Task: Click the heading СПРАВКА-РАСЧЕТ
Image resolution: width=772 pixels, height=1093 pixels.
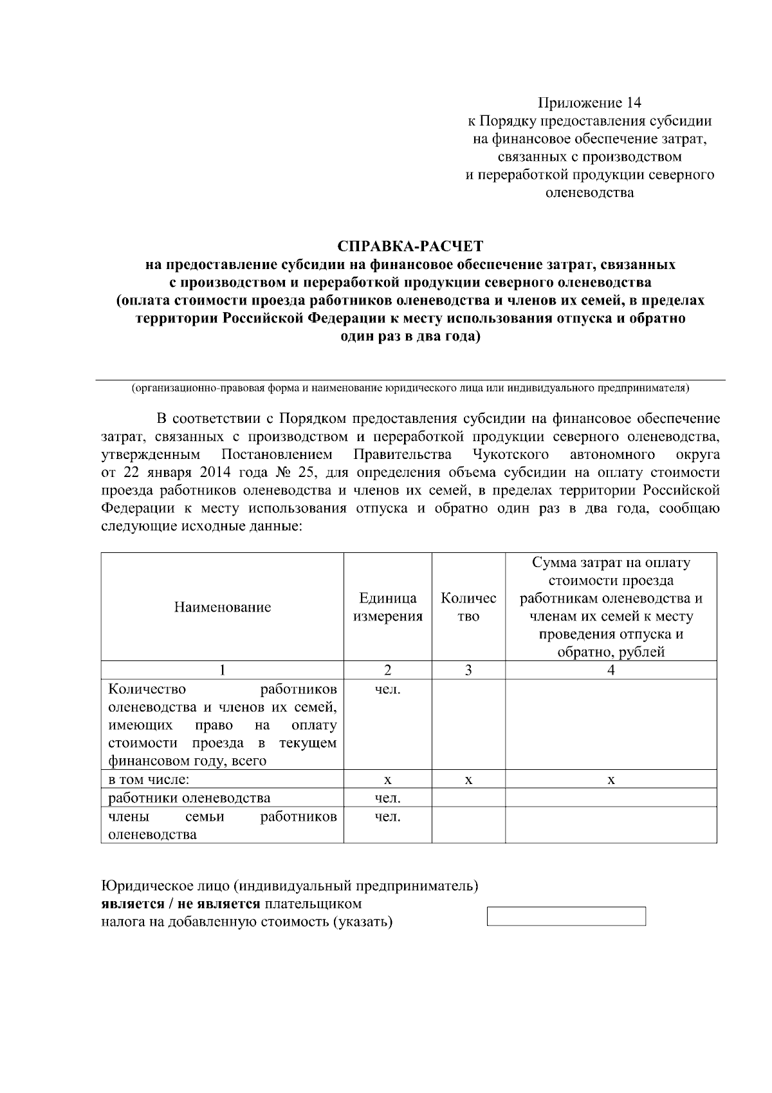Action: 410,247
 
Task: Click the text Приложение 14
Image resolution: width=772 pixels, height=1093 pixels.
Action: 589,103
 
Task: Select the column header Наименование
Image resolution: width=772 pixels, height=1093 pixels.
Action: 222,607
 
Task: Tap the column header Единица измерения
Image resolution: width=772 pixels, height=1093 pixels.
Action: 387,607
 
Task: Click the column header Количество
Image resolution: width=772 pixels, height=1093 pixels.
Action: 468,607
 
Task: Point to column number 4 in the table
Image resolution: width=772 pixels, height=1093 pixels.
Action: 611,670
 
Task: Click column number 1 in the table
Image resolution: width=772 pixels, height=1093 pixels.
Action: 222,670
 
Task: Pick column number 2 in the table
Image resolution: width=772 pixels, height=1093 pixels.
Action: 387,670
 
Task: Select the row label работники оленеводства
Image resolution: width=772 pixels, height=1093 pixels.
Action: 189,798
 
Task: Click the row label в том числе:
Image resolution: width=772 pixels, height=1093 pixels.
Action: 149,780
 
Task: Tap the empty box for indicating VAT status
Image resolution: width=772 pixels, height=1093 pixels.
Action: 566,916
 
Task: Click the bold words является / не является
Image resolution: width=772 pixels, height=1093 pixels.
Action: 181,904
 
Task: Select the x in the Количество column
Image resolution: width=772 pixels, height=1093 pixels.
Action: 468,780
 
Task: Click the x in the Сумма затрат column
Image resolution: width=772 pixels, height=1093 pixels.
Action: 611,780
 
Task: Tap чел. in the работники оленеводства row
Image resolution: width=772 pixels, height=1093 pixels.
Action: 387,798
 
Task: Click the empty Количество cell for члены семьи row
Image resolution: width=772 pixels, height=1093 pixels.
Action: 468,825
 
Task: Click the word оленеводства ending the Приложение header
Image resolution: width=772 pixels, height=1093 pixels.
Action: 589,192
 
